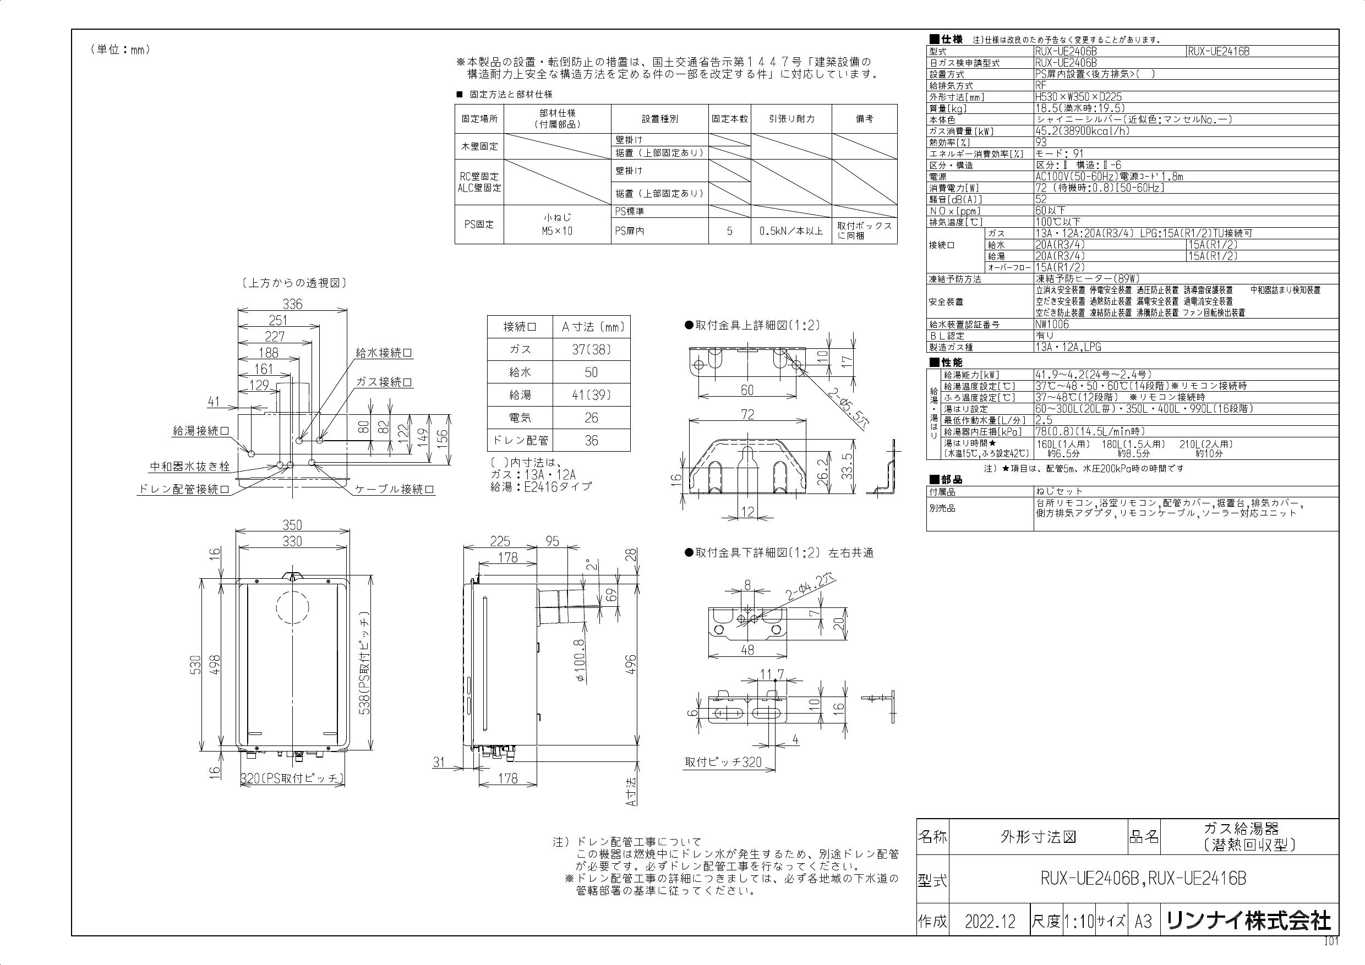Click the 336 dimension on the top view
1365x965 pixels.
tap(292, 304)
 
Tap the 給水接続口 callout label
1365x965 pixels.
tap(384, 353)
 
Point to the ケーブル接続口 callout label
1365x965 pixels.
tap(394, 490)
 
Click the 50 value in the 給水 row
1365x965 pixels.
tap(591, 372)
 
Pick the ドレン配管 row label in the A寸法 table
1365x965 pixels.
tap(520, 441)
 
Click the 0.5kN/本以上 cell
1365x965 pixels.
tap(791, 231)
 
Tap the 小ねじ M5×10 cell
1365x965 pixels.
tap(557, 224)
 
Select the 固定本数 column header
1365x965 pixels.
tap(729, 119)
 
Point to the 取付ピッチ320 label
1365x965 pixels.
tap(723, 763)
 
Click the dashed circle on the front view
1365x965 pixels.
tap(292, 606)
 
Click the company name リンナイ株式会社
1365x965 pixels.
tap(1248, 922)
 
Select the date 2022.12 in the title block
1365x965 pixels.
tap(991, 922)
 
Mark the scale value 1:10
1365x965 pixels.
tap(1078, 922)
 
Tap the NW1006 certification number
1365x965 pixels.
tap(1052, 325)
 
